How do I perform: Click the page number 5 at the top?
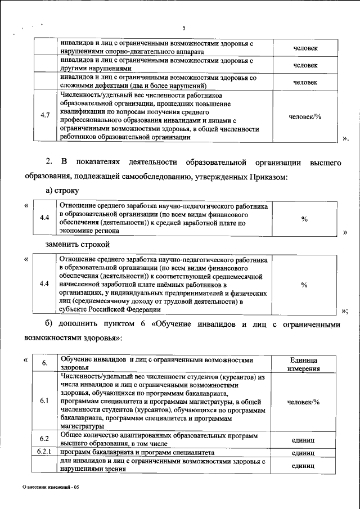tap(183, 29)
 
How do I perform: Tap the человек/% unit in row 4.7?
tap(304, 116)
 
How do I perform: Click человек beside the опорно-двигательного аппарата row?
tap(305, 48)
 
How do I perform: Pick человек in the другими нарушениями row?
tap(305, 65)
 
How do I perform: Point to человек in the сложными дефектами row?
tap(305, 82)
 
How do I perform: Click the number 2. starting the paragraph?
tap(49, 163)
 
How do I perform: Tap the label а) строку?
tap(63, 192)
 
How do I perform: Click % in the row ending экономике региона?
tap(304, 219)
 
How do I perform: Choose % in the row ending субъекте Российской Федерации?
tap(304, 285)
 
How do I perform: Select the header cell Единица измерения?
tap(304, 364)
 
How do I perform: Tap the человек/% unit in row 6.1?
tap(304, 402)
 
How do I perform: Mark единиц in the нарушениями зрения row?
tap(303, 466)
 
